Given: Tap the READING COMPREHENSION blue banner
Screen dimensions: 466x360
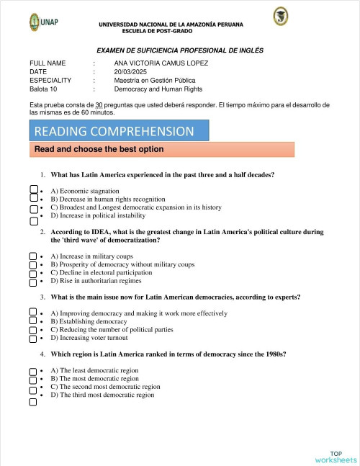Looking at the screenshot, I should [x=119, y=131].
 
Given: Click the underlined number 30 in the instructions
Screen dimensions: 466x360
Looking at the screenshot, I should [x=99, y=105].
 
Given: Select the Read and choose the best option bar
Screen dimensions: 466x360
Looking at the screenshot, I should [x=162, y=149].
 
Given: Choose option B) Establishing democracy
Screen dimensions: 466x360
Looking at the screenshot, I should [x=88, y=321].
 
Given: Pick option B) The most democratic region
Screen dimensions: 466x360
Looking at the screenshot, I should [x=94, y=378].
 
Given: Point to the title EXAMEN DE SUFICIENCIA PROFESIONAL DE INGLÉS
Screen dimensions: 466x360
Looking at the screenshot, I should [x=180, y=50].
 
